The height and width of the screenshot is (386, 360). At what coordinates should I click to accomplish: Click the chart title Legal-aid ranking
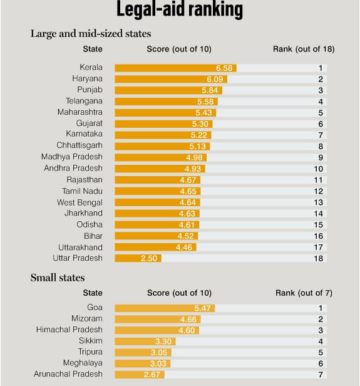(x=180, y=9)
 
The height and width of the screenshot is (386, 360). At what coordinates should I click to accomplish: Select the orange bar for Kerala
(x=175, y=68)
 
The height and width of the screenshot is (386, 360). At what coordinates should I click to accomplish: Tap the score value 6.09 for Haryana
(x=215, y=79)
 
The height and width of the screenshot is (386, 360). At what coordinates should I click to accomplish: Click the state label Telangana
(x=84, y=101)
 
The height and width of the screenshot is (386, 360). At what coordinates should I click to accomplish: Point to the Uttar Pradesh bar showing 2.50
(x=138, y=258)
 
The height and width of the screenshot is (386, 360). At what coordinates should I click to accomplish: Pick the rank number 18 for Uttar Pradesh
(x=318, y=258)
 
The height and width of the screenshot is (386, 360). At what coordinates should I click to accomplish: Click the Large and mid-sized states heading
(x=91, y=33)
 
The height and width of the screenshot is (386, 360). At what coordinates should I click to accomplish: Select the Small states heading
(x=58, y=278)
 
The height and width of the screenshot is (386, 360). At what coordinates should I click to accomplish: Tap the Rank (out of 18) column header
(x=304, y=49)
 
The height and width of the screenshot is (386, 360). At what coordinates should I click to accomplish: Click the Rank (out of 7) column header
(x=304, y=293)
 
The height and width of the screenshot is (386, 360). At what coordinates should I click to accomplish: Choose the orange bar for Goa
(x=165, y=308)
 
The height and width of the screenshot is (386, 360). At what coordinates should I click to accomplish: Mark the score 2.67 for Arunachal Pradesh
(x=152, y=375)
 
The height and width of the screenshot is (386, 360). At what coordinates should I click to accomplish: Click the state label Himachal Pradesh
(x=69, y=330)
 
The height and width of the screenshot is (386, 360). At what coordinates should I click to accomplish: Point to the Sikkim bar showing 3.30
(x=145, y=342)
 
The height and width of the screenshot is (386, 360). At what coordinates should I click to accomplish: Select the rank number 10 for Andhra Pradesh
(x=318, y=169)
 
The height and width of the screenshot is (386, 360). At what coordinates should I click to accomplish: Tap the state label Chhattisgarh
(x=80, y=145)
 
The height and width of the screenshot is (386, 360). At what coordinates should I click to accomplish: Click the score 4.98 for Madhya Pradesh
(x=194, y=157)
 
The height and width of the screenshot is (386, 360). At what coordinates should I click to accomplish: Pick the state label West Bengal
(x=80, y=202)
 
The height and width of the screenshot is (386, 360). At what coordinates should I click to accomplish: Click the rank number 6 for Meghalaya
(x=321, y=363)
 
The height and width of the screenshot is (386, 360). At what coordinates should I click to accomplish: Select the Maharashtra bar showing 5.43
(x=165, y=113)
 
